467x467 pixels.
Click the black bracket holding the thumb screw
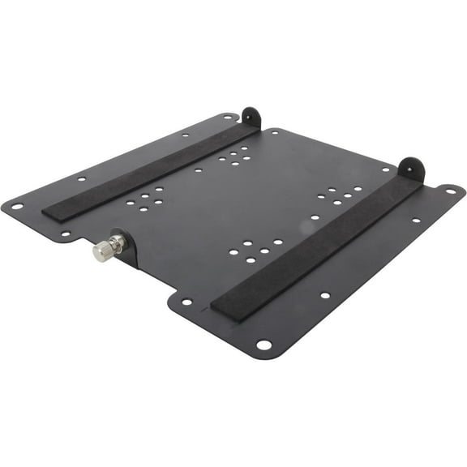[126, 247]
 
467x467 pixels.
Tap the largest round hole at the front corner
[263, 345]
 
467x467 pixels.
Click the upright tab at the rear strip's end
[251, 118]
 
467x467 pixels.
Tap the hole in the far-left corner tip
[16, 207]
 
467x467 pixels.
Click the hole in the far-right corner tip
[450, 192]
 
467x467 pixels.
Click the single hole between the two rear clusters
[198, 170]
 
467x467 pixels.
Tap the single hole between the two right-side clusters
[315, 216]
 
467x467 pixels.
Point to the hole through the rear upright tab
[248, 114]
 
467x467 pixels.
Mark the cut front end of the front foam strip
[223, 308]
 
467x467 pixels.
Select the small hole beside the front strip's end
[187, 302]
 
